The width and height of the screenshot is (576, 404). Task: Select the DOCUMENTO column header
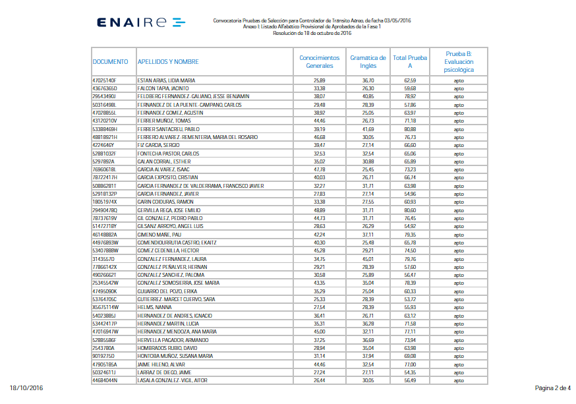tap(110, 62)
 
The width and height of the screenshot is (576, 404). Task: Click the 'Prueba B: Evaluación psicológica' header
tap(458, 62)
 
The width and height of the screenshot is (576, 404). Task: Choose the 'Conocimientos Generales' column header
tap(320, 62)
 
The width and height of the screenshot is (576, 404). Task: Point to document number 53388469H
tap(105, 129)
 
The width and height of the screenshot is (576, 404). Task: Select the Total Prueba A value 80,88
tap(410, 129)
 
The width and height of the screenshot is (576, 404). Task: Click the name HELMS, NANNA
tap(155, 307)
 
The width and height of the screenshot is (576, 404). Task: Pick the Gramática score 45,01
tap(368, 259)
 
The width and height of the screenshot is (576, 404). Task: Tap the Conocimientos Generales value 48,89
tap(320, 210)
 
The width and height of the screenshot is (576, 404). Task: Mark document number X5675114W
tap(105, 307)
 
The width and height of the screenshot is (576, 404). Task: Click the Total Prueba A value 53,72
tap(410, 299)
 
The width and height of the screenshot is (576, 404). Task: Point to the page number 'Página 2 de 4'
tap(552, 388)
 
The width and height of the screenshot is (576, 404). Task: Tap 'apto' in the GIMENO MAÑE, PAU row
tap(458, 235)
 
